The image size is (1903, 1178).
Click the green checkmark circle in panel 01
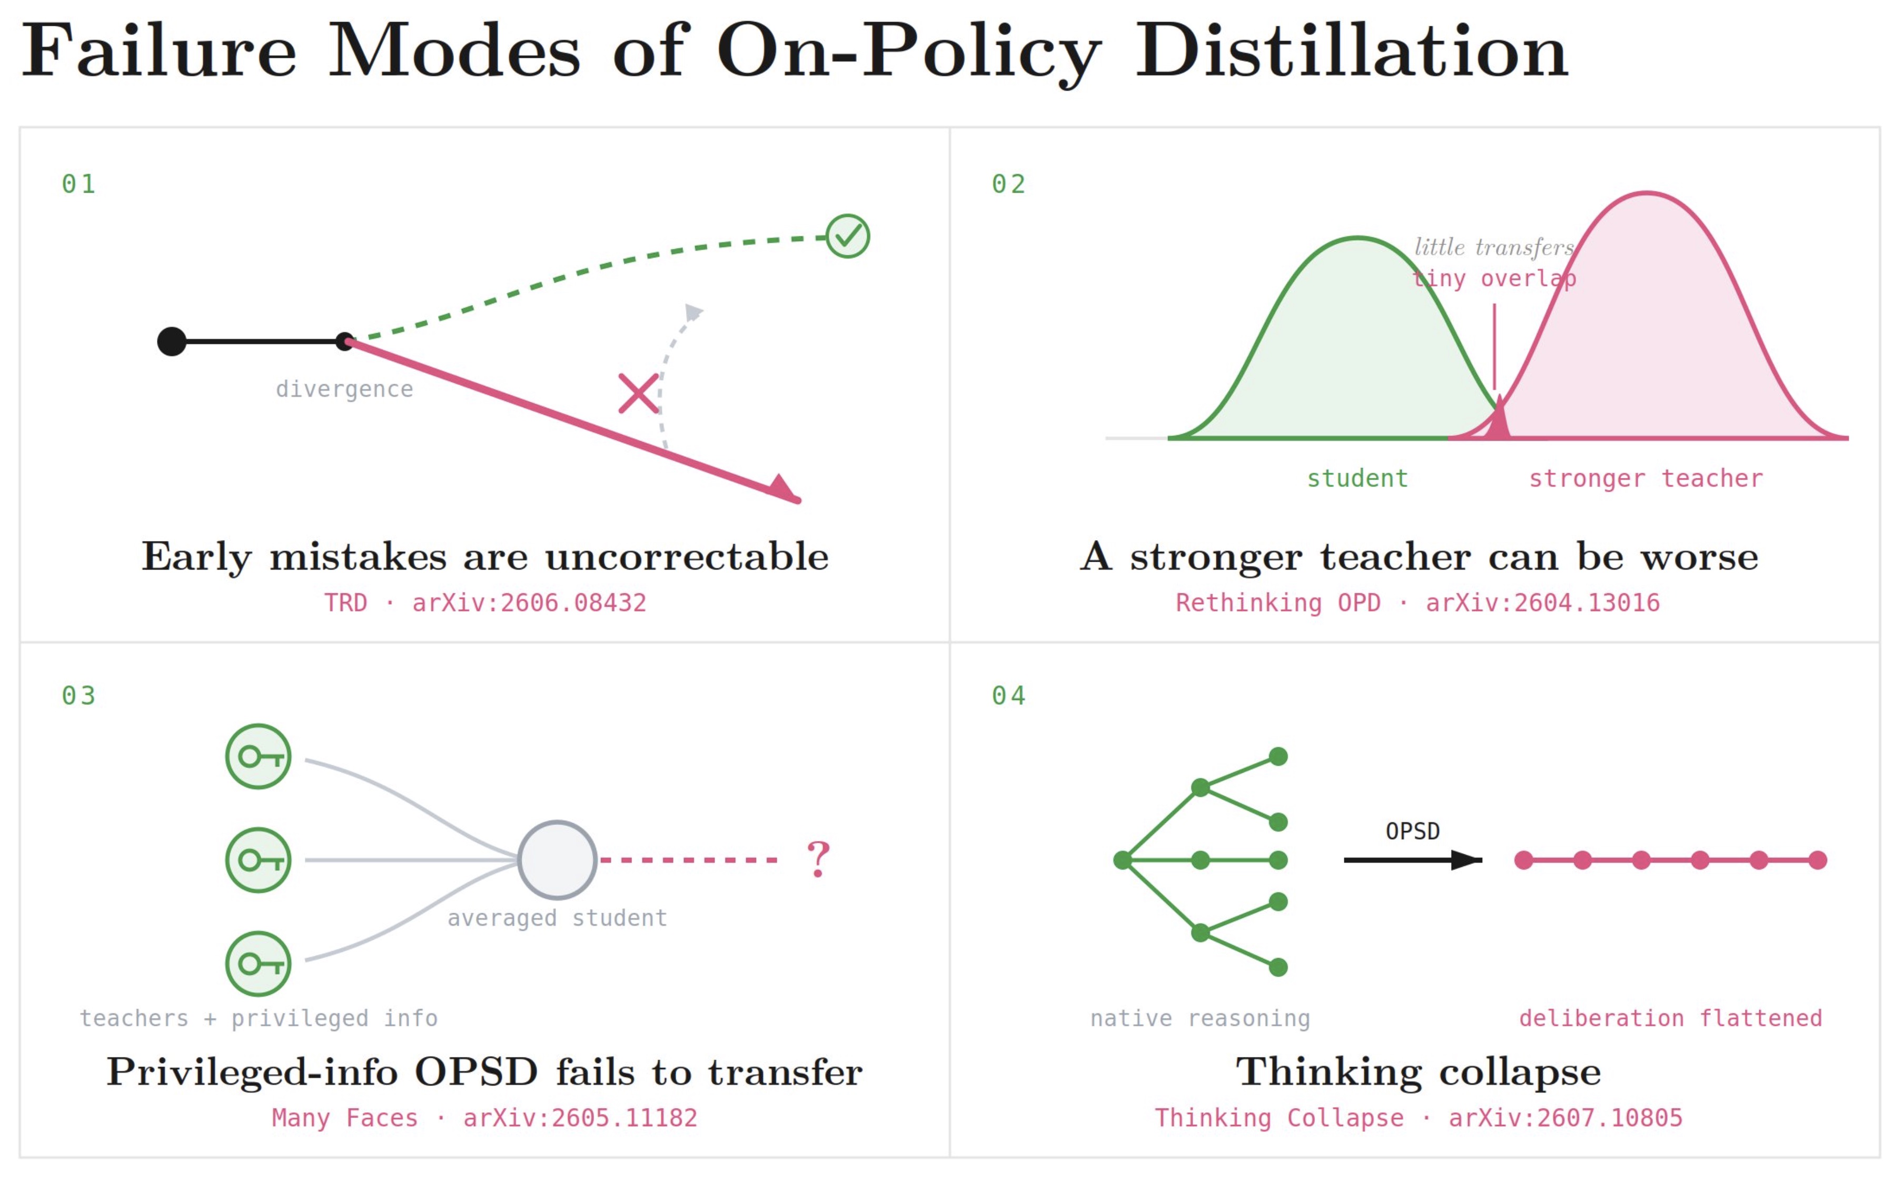pos(847,236)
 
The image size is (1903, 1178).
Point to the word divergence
pos(344,389)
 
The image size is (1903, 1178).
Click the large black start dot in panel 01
pos(172,341)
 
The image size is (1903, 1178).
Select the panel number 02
pos(1008,184)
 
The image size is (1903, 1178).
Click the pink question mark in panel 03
pos(817,860)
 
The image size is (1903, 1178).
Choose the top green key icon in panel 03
pos(258,756)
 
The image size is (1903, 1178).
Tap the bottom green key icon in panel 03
pos(258,964)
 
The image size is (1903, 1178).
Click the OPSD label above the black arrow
pos(1412,831)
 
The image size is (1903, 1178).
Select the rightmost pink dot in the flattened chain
pos(1817,860)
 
